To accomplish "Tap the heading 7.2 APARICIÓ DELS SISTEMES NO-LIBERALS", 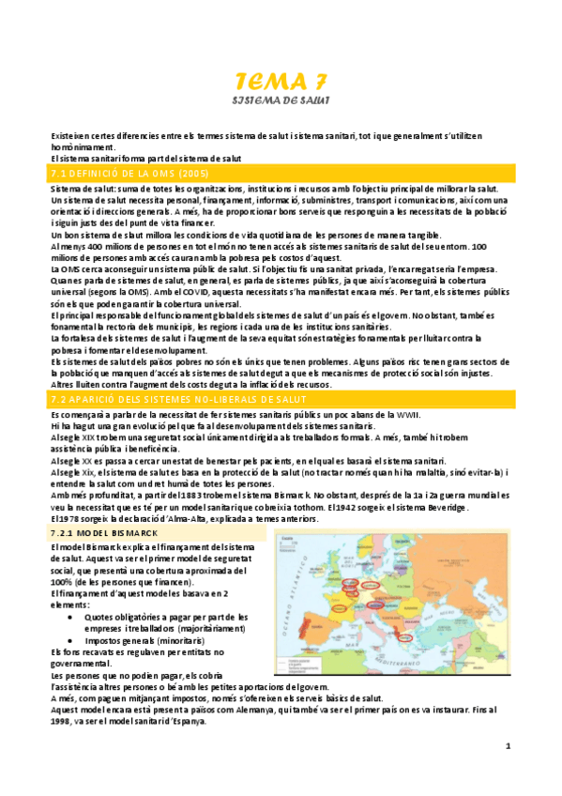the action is (159, 400).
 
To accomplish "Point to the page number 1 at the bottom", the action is (507, 746).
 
